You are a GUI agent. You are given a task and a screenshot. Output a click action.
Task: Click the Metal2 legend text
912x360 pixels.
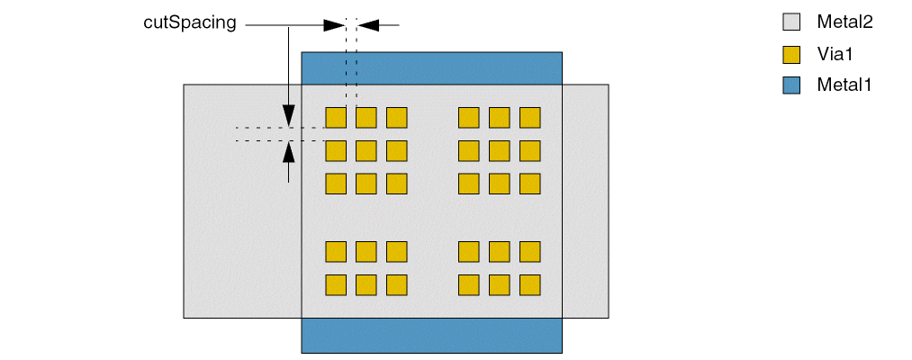pyautogui.click(x=844, y=22)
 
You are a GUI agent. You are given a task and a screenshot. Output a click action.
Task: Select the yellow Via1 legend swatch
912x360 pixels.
pyautogui.click(x=791, y=54)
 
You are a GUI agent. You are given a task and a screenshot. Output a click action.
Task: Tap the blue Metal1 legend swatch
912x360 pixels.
pyautogui.click(x=791, y=85)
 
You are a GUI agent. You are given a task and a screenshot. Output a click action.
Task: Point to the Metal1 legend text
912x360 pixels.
pyautogui.click(x=844, y=85)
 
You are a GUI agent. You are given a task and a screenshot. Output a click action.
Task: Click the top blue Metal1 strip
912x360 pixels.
pyautogui.click(x=431, y=67)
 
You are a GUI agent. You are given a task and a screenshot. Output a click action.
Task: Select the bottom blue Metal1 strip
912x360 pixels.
pyautogui.click(x=431, y=335)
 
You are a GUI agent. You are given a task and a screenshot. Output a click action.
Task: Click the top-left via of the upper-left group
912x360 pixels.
pyautogui.click(x=336, y=118)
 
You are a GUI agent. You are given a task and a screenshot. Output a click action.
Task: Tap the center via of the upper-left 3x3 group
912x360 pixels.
pyautogui.click(x=366, y=150)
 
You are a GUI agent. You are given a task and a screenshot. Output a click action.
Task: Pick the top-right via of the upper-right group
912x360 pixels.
pyautogui.click(x=529, y=118)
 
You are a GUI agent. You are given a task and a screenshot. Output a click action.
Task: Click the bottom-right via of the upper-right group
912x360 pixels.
pyautogui.click(x=529, y=184)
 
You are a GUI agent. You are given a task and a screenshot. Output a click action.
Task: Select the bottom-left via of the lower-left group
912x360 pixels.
pyautogui.click(x=336, y=284)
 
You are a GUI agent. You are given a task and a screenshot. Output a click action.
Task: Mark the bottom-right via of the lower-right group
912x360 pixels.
pyautogui.click(x=529, y=284)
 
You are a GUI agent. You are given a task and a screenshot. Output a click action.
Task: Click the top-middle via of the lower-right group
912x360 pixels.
pyautogui.click(x=499, y=251)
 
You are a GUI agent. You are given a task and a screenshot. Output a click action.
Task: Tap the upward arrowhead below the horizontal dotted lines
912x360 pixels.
pyautogui.click(x=288, y=150)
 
